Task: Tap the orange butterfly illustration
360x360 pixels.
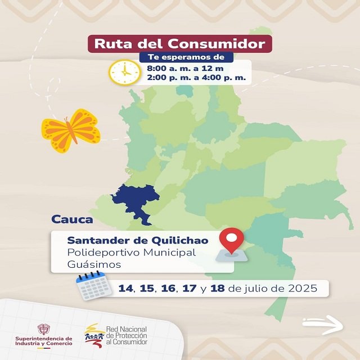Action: [x=70, y=131]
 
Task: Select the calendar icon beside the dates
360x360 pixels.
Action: [x=91, y=286]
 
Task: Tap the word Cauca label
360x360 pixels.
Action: [x=72, y=219]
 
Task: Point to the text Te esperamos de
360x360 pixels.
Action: [x=186, y=57]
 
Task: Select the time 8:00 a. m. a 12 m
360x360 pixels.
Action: [x=184, y=68]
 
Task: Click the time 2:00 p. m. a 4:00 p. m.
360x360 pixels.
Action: [x=196, y=78]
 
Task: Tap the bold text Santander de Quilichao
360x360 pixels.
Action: [x=138, y=240]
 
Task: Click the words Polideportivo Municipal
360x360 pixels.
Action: [x=132, y=252]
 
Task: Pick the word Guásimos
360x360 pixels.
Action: [x=94, y=264]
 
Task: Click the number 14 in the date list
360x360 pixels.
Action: [x=126, y=289]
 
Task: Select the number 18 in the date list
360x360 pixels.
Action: [x=217, y=289]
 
